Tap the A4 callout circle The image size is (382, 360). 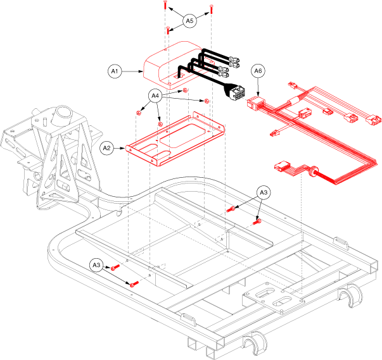coord(154,96)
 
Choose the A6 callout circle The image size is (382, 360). coord(258,71)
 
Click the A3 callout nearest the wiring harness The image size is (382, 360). coord(263,193)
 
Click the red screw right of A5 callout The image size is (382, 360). coord(212,11)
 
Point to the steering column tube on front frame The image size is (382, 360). coord(64,117)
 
